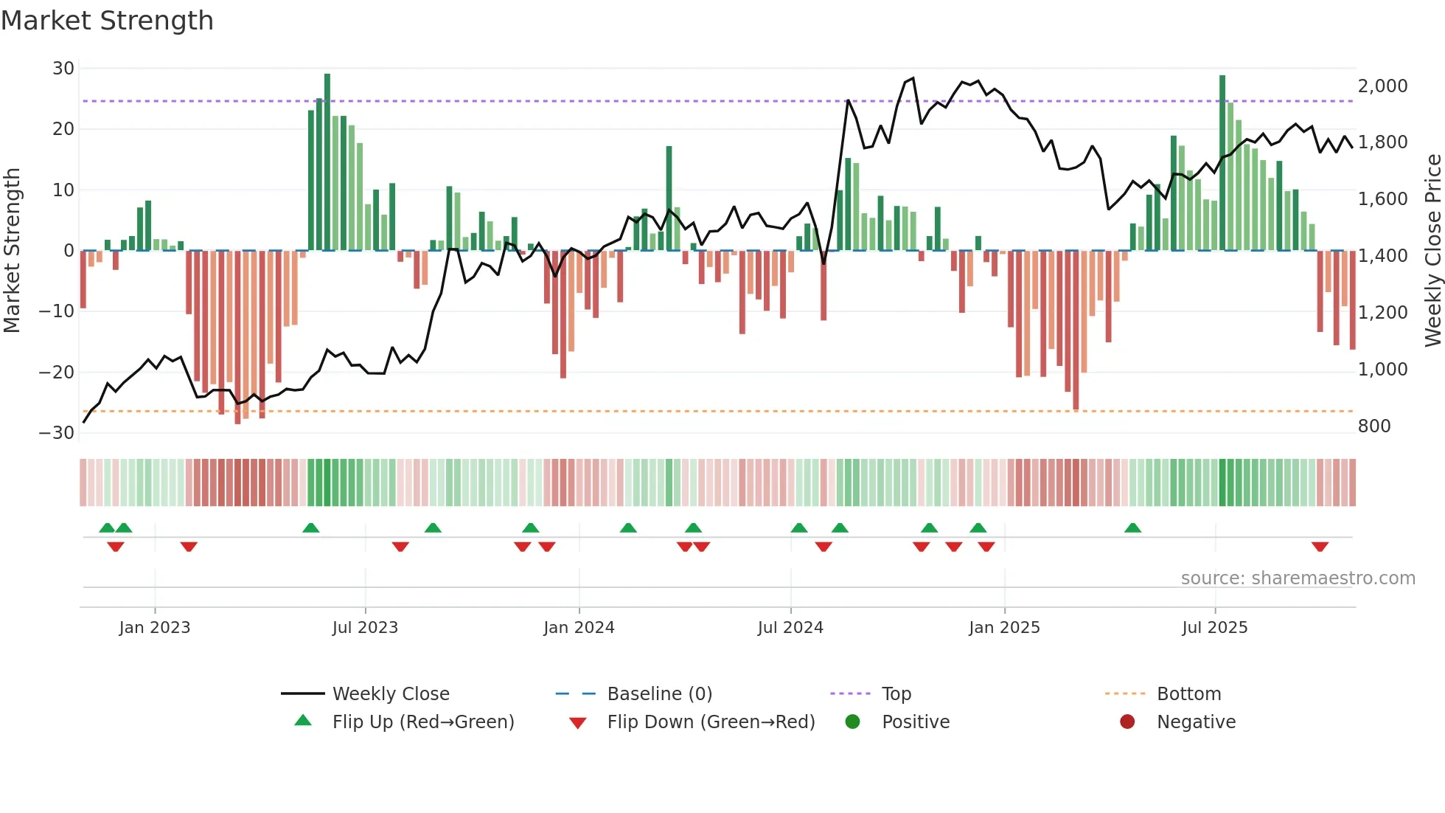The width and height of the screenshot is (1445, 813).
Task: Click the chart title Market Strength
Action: [107, 21]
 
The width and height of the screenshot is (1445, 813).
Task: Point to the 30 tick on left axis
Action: [63, 69]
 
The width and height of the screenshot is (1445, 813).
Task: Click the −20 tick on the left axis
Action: [57, 373]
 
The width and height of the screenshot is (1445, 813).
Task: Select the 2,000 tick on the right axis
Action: [1382, 86]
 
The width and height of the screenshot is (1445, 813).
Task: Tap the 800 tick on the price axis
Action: [1373, 426]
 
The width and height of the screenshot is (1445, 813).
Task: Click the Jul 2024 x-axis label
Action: [790, 628]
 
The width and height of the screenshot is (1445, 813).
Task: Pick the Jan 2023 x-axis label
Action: [154, 628]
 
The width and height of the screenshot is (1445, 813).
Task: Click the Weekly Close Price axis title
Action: [1432, 251]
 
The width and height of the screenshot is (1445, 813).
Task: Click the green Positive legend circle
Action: [852, 722]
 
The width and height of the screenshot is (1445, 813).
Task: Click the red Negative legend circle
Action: [1127, 722]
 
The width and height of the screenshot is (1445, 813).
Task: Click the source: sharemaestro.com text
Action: [1298, 578]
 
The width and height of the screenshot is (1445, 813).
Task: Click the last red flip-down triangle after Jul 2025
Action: [1320, 547]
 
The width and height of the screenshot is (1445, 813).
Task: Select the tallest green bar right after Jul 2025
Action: [1222, 162]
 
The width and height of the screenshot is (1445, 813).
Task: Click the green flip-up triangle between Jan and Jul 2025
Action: [1132, 527]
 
